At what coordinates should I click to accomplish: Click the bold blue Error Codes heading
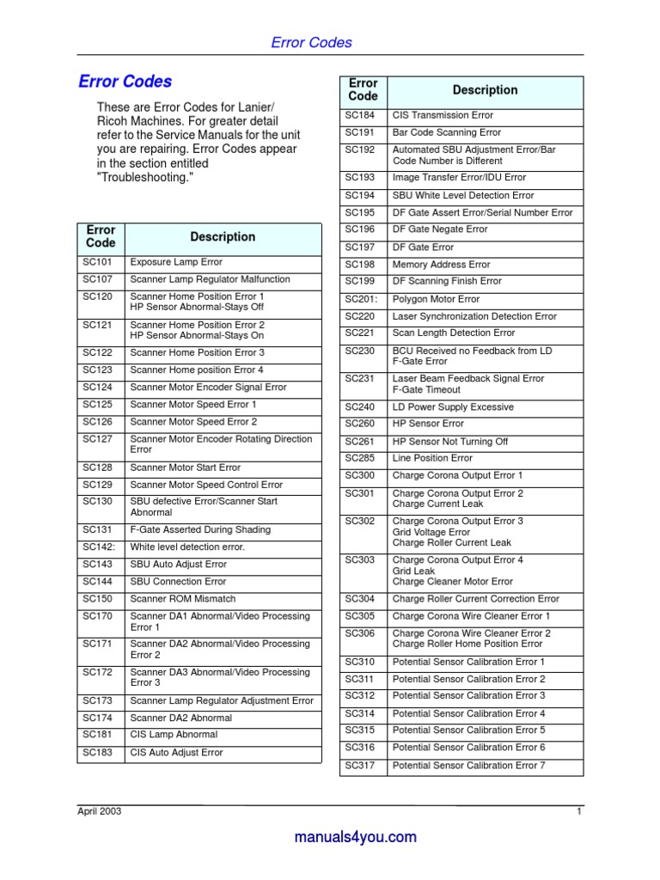[125, 82]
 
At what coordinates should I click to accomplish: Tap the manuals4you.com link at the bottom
[355, 837]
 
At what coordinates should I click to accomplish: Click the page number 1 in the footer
[579, 811]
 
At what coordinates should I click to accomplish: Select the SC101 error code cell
[98, 262]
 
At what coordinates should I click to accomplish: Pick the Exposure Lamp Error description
[176, 262]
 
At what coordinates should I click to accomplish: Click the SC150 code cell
[98, 599]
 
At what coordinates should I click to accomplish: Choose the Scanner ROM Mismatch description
[182, 599]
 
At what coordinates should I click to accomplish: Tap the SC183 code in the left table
[98, 753]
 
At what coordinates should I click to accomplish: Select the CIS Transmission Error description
[443, 115]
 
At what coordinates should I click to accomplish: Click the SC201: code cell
[362, 299]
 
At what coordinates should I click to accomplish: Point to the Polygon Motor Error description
[436, 299]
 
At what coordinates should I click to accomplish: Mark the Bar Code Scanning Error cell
[446, 133]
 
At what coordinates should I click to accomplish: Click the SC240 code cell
[360, 407]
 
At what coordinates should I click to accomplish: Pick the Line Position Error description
[432, 458]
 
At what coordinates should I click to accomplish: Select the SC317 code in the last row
[360, 766]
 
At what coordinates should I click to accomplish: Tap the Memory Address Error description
[441, 265]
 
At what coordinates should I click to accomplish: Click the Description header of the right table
[485, 90]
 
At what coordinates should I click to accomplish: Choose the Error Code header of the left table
[101, 236]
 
